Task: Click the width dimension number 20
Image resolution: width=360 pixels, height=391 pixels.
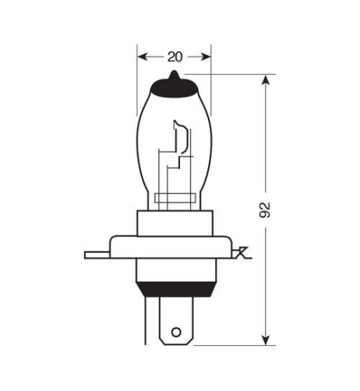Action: [174, 56]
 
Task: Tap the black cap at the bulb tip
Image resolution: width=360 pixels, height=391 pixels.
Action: [174, 86]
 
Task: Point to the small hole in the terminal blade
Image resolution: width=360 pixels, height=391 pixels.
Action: [176, 333]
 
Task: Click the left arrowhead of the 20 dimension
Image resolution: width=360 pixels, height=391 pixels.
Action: [141, 56]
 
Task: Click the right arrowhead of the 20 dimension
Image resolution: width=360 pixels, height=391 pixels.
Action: [206, 56]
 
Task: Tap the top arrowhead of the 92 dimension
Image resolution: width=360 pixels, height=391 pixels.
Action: [266, 79]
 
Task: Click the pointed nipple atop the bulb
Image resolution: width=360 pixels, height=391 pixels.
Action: [174, 75]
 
